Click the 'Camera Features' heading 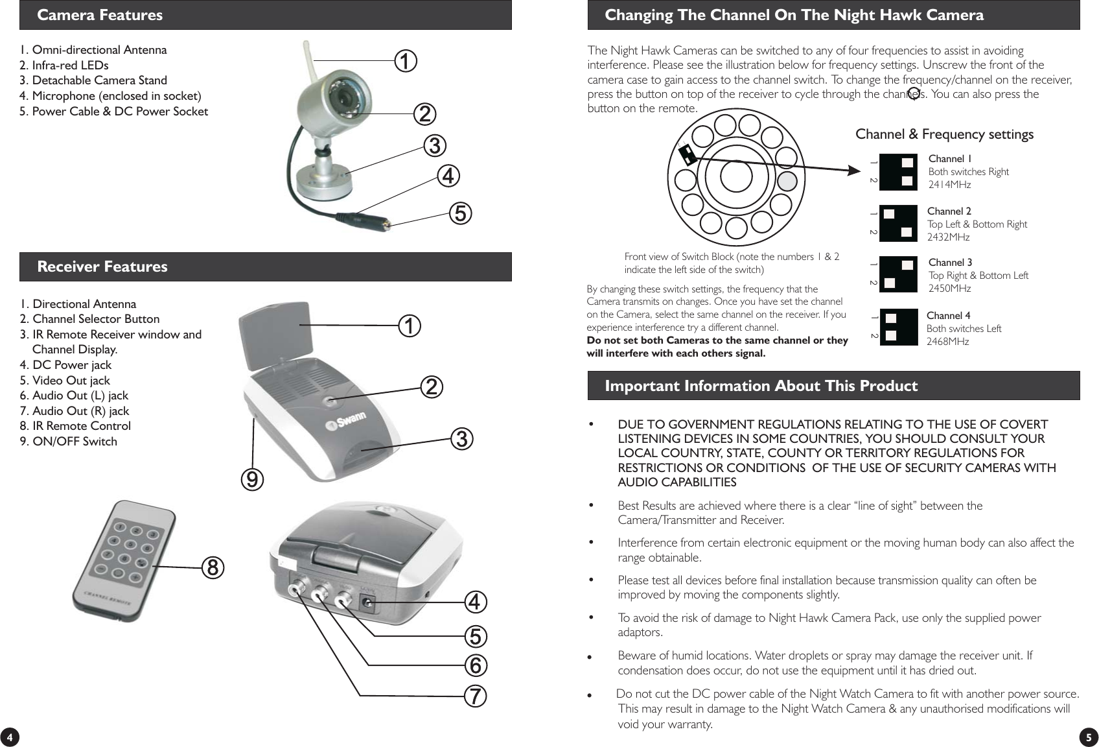click(x=100, y=15)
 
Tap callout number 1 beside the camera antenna click(x=406, y=62)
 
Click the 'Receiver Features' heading click(x=102, y=267)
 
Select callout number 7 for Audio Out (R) click(x=475, y=696)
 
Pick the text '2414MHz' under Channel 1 click(x=949, y=185)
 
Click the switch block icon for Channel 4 click(x=898, y=327)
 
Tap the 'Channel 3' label click(x=950, y=263)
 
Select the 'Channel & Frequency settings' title click(x=944, y=134)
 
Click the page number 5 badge click(x=1088, y=737)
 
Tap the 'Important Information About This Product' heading click(x=761, y=386)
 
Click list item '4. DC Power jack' click(x=65, y=365)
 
